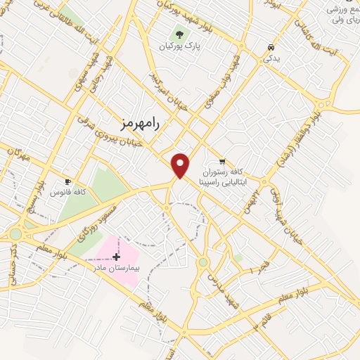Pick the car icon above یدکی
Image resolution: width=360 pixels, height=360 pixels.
click(271, 48)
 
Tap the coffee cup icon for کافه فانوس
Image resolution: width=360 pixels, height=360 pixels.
click(68, 181)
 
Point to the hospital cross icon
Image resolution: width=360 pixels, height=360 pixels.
click(116, 257)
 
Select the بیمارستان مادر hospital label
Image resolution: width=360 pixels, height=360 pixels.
click(117, 269)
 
